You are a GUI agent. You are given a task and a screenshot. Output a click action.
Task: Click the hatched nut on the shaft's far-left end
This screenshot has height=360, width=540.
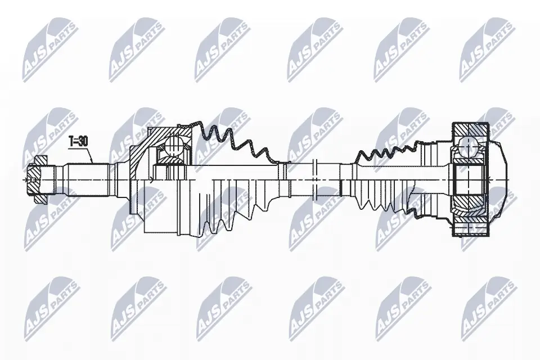[35, 179]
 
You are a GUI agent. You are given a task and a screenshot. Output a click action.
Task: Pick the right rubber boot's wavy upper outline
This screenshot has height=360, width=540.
[388, 148]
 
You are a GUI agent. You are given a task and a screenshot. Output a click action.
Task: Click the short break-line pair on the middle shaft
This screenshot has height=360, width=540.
[314, 178]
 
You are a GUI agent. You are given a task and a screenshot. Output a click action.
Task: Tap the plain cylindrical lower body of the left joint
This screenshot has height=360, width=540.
[163, 214]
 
